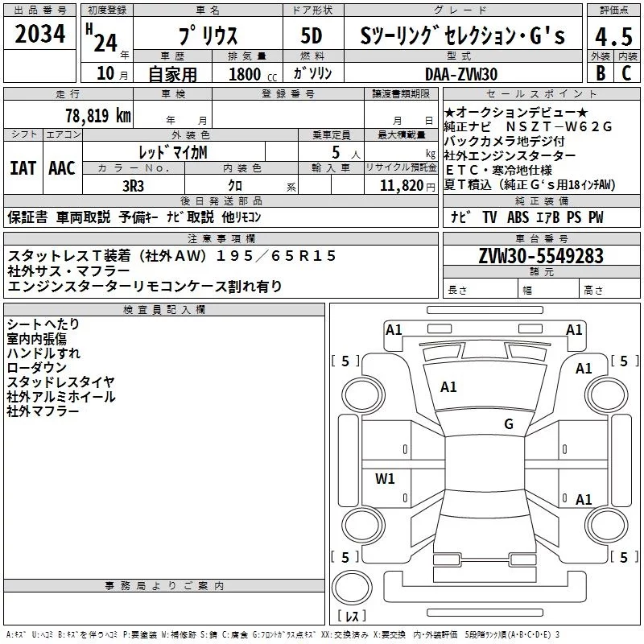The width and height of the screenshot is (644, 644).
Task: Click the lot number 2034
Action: (x=41, y=35)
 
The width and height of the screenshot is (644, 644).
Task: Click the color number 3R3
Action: (x=132, y=184)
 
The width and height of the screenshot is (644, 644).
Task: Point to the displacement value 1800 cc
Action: (x=246, y=74)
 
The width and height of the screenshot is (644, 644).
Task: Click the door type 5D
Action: (x=311, y=36)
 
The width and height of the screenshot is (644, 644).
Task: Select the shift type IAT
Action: (x=23, y=167)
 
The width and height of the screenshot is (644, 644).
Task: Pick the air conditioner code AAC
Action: (x=61, y=167)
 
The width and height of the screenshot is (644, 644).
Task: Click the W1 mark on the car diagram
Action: (x=385, y=479)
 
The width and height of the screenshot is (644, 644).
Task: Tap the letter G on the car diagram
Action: (x=508, y=424)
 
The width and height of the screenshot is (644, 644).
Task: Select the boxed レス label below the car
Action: (x=352, y=615)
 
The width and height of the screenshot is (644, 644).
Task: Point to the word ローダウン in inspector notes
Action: (x=36, y=367)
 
